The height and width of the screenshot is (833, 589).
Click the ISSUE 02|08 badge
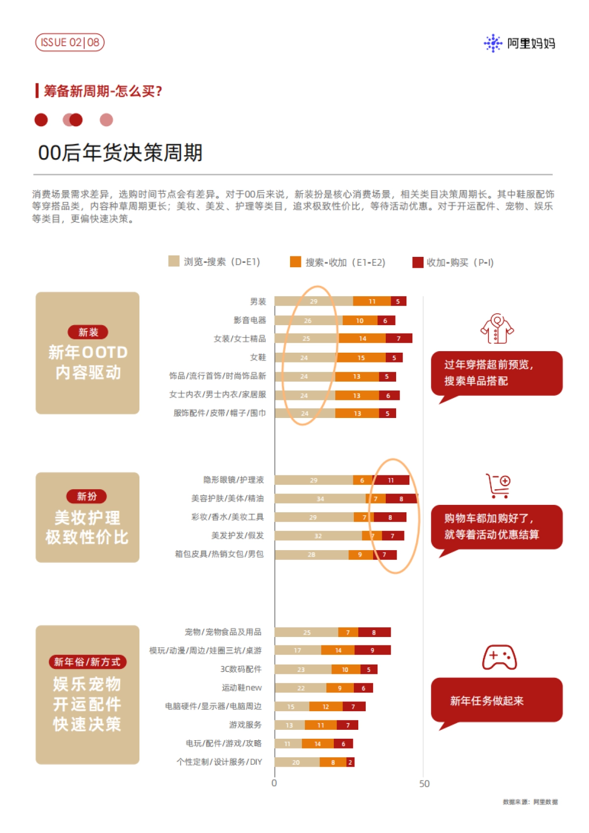pyautogui.click(x=70, y=43)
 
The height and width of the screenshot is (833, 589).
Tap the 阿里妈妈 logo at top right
pyautogui.click(x=520, y=43)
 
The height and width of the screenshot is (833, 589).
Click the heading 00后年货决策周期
pyautogui.click(x=120, y=153)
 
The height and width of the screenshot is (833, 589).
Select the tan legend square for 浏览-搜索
pyautogui.click(x=174, y=261)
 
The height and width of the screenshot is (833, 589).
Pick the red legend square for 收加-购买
pyautogui.click(x=418, y=262)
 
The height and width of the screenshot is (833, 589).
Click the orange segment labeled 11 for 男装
pyautogui.click(x=372, y=302)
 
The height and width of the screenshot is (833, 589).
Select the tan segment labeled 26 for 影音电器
pyautogui.click(x=308, y=321)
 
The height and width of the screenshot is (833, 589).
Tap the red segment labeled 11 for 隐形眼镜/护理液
pyautogui.click(x=391, y=480)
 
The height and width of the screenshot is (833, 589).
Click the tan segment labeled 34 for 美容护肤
pyautogui.click(x=320, y=499)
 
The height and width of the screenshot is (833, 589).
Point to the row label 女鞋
pyautogui.click(x=258, y=358)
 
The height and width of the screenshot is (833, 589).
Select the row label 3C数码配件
pyautogui.click(x=241, y=669)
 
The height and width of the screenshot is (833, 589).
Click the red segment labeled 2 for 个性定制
pyautogui.click(x=350, y=763)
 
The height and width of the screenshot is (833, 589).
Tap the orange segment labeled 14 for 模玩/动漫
pyautogui.click(x=338, y=650)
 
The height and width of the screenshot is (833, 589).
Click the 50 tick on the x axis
pyautogui.click(x=424, y=784)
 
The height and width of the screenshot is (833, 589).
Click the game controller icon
pyautogui.click(x=499, y=658)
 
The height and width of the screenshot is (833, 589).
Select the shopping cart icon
pyautogui.click(x=499, y=486)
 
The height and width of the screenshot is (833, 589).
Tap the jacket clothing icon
pyautogui.click(x=497, y=329)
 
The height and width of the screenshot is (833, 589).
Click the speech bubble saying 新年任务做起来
pyautogui.click(x=496, y=700)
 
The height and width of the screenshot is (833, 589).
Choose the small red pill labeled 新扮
pyautogui.click(x=87, y=497)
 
